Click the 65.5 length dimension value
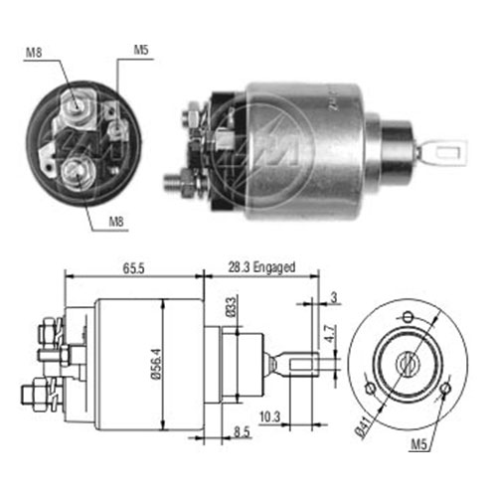click(134, 268)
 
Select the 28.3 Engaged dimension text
click(261, 267)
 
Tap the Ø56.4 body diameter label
click(156, 364)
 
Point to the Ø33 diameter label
click(232, 307)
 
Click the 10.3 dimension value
click(269, 416)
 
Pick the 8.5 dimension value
click(242, 432)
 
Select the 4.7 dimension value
click(329, 334)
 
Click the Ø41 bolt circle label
click(363, 427)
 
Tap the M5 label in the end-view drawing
click(418, 444)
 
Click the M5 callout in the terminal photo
click(141, 50)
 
